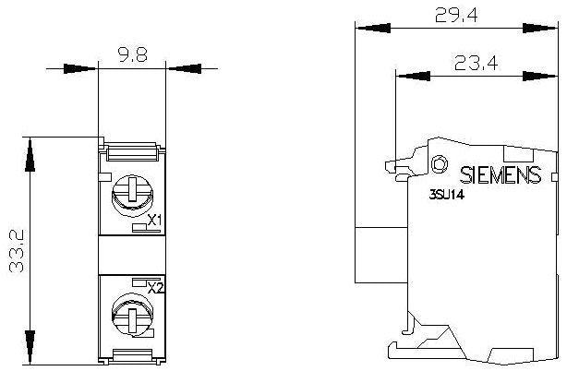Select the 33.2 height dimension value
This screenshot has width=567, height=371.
[16, 249]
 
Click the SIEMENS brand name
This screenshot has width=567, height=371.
[500, 174]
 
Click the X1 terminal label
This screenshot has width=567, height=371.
[155, 221]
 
